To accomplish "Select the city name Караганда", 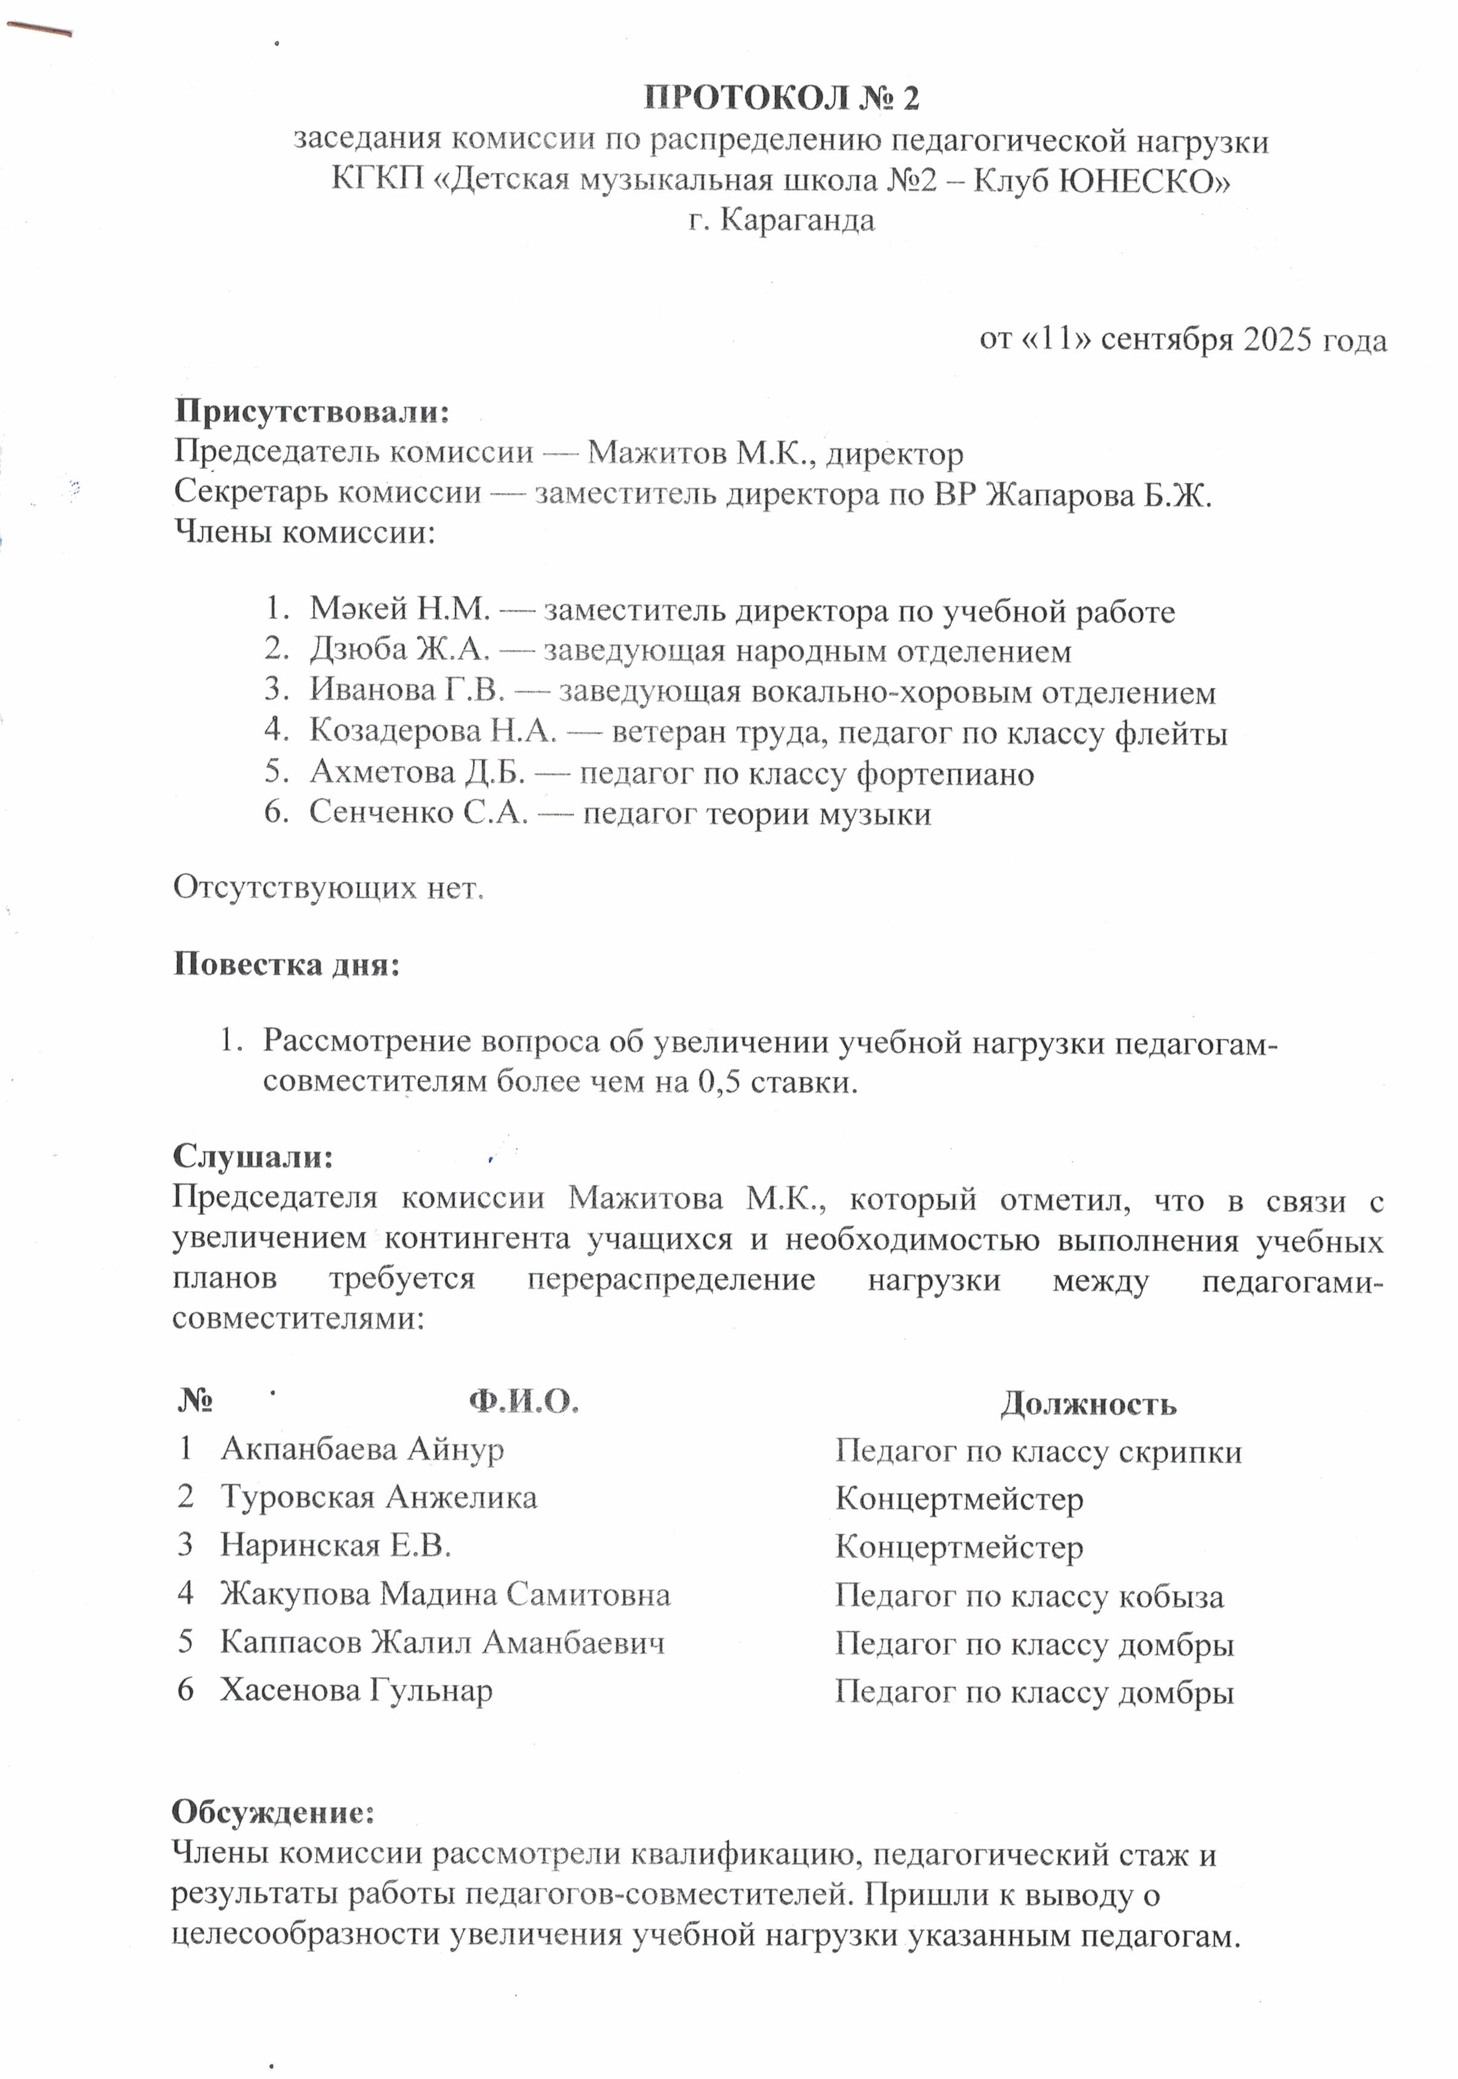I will tap(798, 220).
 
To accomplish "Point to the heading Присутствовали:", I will tap(312, 412).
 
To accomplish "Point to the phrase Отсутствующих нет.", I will tap(329, 888).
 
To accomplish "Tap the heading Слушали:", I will tap(254, 1156).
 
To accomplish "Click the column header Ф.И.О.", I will tap(524, 1402).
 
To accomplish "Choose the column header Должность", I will tap(1088, 1404).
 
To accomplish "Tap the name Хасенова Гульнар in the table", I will tap(356, 1691).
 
